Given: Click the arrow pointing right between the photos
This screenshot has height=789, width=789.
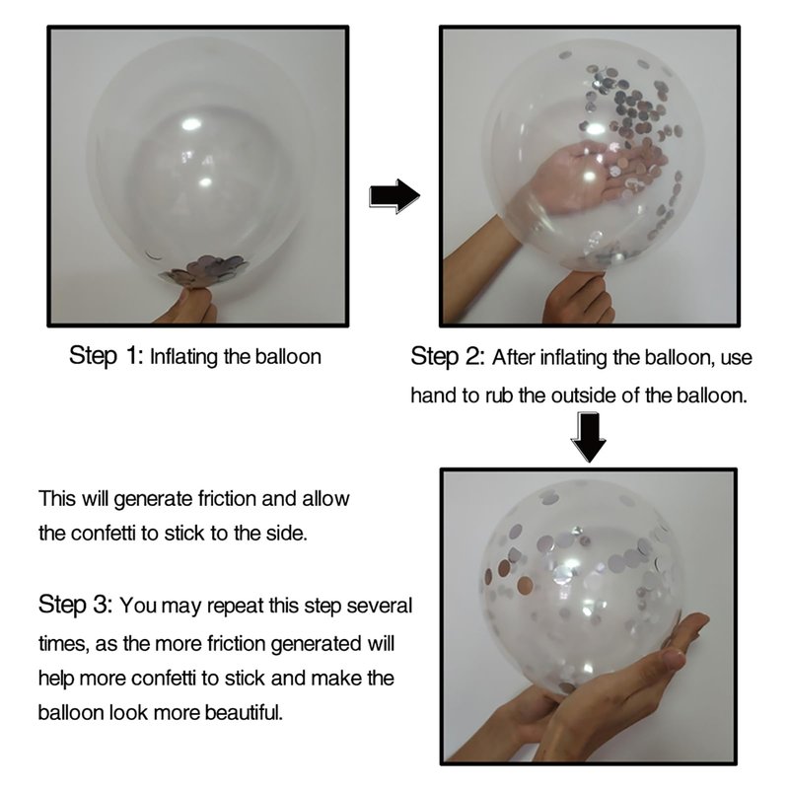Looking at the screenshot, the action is [394, 195].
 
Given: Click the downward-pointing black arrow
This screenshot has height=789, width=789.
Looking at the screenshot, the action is [588, 437].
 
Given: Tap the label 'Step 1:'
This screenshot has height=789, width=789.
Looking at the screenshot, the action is [106, 356].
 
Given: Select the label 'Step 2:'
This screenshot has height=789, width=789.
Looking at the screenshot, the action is [448, 357].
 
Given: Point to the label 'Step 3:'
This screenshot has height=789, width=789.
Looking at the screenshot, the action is [75, 605].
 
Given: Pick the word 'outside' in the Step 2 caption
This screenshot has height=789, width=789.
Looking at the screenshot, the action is [584, 395].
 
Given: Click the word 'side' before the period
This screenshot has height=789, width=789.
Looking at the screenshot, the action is [288, 533].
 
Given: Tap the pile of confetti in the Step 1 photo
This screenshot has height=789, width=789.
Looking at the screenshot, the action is [205, 270].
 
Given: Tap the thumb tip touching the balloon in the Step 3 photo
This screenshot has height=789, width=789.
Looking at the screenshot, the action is [676, 657].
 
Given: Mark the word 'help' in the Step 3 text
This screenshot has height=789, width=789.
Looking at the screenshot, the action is [56, 678].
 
